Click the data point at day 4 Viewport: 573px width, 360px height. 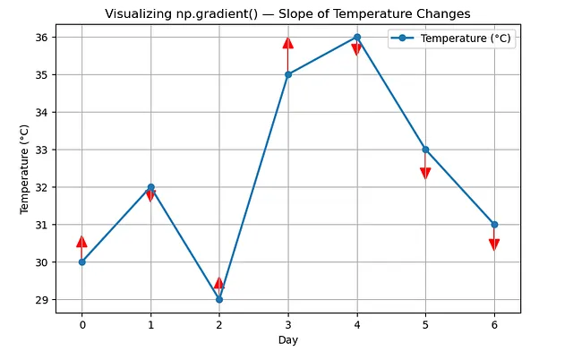click(356, 37)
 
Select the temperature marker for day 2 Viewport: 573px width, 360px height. click(219, 299)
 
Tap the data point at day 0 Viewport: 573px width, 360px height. click(82, 261)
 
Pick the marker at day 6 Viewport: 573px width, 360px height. click(494, 224)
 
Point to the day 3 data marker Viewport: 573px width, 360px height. click(287, 74)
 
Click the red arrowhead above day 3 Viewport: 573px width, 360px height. click(287, 43)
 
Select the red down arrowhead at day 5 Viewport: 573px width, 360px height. click(425, 173)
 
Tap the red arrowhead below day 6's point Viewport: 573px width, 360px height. click(494, 244)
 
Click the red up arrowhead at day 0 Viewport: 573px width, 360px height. click(82, 242)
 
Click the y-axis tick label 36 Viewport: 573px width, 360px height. click(42, 37)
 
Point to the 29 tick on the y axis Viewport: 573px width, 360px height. click(42, 299)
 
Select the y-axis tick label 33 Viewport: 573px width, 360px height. click(42, 150)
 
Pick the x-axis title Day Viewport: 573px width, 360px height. click(287, 341)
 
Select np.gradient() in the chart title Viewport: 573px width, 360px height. click(221, 13)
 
